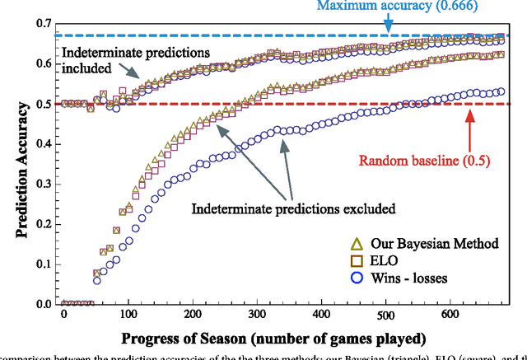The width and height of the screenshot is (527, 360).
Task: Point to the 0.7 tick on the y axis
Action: (x=43, y=25)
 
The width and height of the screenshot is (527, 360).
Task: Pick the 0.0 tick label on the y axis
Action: (x=43, y=304)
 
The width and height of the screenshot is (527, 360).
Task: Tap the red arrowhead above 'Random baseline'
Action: (x=470, y=116)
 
